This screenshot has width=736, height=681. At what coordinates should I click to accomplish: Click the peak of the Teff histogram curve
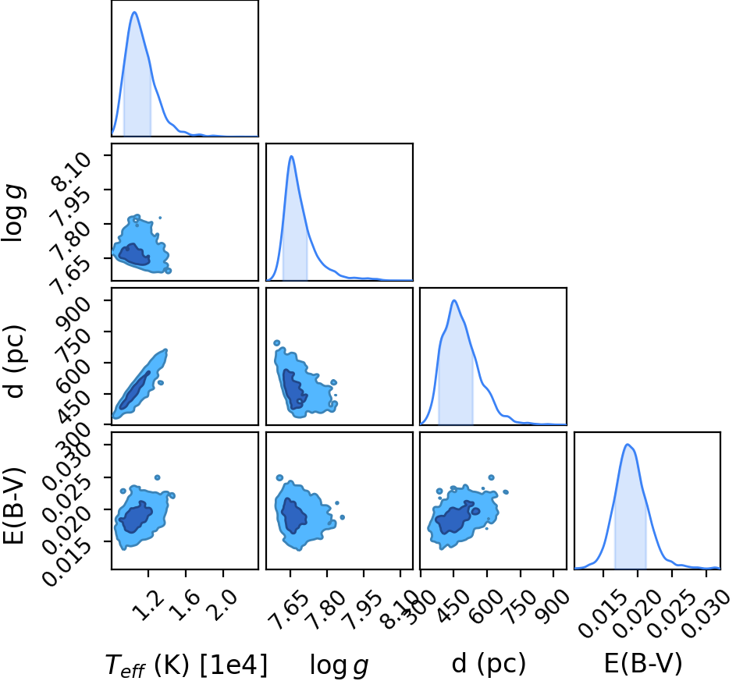pyautogui.click(x=134, y=12)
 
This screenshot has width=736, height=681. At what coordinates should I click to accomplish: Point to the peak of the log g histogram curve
pyautogui.click(x=291, y=156)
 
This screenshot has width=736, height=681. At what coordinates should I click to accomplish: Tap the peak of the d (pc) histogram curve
pyautogui.click(x=454, y=300)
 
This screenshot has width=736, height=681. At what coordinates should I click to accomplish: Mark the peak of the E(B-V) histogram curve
pyautogui.click(x=627, y=444)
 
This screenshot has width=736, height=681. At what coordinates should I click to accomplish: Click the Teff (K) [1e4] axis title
pyautogui.click(x=187, y=665)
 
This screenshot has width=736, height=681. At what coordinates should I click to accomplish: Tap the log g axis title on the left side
pyautogui.click(x=13, y=214)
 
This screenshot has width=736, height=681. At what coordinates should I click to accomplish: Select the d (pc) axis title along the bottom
pyautogui.click(x=489, y=665)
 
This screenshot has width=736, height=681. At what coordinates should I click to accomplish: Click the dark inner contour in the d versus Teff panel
pyautogui.click(x=135, y=390)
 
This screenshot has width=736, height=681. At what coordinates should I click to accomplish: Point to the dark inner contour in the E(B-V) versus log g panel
pyautogui.click(x=294, y=516)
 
